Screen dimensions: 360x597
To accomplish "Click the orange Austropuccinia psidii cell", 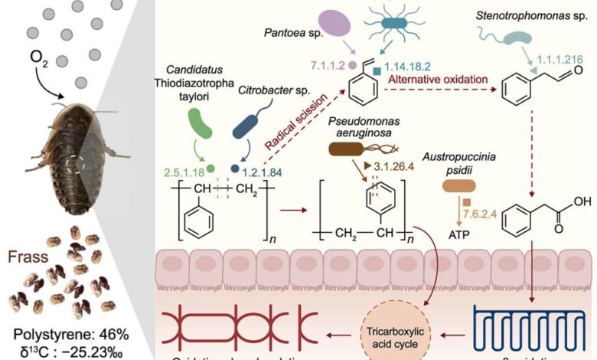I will pyautogui.click(x=465, y=186).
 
